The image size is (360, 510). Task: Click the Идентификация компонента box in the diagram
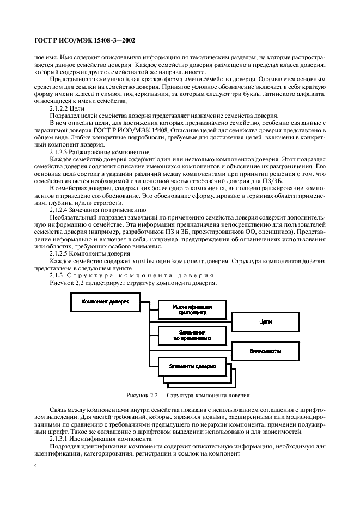(192, 310)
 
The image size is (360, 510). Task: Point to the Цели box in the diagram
(265, 321)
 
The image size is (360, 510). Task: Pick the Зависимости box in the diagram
(265, 351)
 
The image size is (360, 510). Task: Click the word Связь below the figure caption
(59, 409)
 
